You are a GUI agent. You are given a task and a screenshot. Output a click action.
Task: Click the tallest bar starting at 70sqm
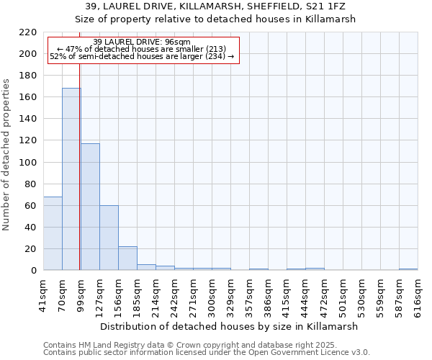point(71,179)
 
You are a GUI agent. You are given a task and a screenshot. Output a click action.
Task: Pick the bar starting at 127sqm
point(109,238)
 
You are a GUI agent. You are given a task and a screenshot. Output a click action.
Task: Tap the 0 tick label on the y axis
point(33,271)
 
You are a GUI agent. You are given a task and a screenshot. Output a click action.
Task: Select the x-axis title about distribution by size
point(229,326)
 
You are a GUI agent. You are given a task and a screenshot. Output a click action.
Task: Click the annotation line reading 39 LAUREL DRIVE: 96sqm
point(142,42)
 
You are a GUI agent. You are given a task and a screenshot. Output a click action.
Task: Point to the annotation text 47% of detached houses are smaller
point(142,49)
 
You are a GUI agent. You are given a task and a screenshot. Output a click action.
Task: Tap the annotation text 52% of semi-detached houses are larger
point(142,56)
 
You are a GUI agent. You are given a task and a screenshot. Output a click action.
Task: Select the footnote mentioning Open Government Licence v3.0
point(207,353)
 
